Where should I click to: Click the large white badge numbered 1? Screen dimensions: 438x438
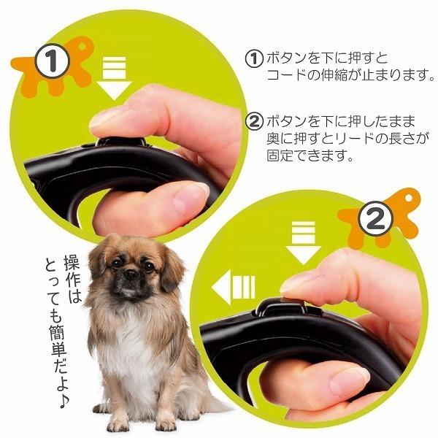pos(53,63)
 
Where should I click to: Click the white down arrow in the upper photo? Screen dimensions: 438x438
pos(113,80)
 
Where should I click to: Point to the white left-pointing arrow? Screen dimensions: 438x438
pos(232,289)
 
